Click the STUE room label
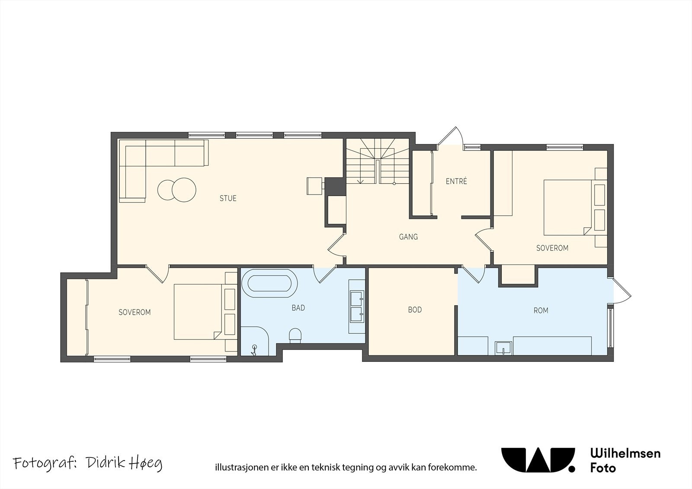coord(228,198)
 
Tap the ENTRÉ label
coord(456,181)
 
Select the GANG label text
coord(408,237)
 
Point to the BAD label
coord(298,308)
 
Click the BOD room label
coord(415,310)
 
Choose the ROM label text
coord(541,310)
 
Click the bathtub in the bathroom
coord(270,283)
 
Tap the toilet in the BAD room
coord(295,336)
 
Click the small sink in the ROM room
coord(503,348)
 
